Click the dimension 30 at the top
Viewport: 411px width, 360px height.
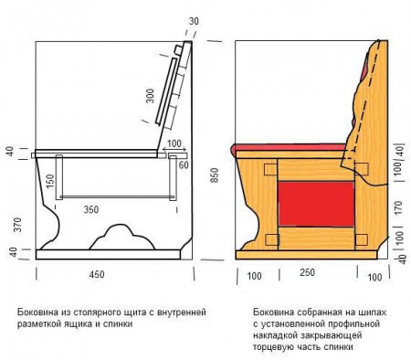(x=194, y=21)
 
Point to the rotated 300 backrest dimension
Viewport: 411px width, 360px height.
(x=150, y=96)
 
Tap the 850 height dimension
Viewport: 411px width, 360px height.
(x=215, y=175)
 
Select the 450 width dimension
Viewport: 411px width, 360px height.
(x=97, y=274)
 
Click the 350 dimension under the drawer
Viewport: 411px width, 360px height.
(x=91, y=209)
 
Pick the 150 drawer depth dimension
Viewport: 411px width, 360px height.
(x=50, y=181)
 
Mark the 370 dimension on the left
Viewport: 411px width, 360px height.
(x=17, y=225)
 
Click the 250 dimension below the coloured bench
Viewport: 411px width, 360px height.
(x=307, y=272)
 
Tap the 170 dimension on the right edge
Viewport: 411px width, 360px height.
(x=398, y=207)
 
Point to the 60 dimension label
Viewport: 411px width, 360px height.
(x=184, y=165)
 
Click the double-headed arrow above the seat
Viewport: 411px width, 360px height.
(x=174, y=149)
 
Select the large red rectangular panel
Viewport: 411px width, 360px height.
(x=316, y=204)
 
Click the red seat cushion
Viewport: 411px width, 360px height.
(x=290, y=147)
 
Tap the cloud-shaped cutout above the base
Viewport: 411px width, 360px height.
(x=121, y=238)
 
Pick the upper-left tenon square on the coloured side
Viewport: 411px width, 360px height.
(x=270, y=169)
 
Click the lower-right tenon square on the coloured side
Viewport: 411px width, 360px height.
(x=361, y=240)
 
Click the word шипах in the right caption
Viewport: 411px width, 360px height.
(x=374, y=312)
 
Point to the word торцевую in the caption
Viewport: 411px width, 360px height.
(x=270, y=347)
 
